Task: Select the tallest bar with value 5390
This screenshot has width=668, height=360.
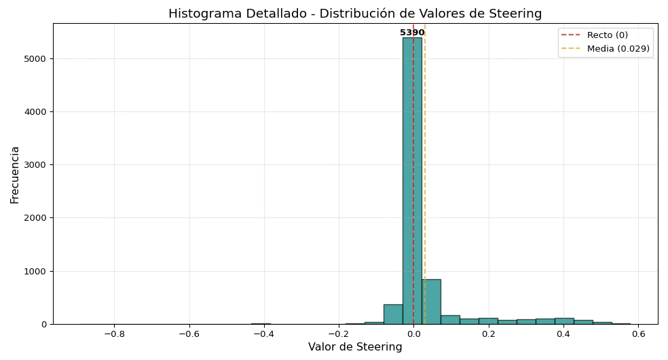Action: [x=412, y=181]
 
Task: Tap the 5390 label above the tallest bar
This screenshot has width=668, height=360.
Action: [x=412, y=33]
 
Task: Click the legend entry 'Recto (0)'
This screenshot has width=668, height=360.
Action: [x=607, y=35]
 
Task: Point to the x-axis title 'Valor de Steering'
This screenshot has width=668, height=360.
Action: [x=355, y=347]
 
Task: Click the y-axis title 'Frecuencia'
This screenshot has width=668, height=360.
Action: [x=15, y=175]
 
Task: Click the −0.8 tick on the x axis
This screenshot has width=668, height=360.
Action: [x=114, y=334]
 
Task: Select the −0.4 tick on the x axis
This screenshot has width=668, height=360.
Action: [x=263, y=334]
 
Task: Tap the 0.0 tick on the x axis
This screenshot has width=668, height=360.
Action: [x=413, y=334]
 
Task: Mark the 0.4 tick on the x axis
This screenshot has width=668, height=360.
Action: [x=563, y=334]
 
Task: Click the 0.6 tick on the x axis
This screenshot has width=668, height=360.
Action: [x=637, y=334]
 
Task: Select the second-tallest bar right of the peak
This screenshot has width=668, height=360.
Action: [x=431, y=302]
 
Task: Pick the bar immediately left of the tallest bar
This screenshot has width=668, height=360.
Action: [x=393, y=314]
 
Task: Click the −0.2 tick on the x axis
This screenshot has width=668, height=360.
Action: [x=338, y=334]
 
